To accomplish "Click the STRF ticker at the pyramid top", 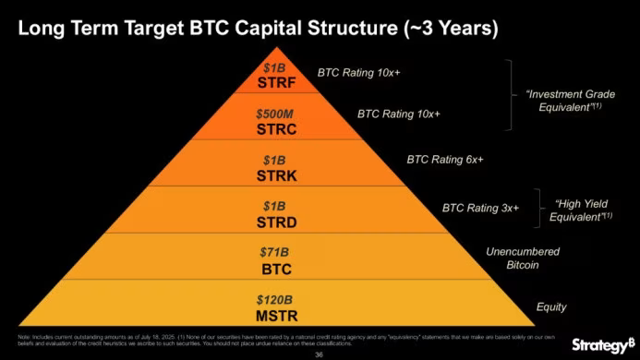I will click(x=274, y=82).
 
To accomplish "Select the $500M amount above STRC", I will click(x=274, y=114).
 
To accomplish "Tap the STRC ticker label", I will click(x=274, y=129).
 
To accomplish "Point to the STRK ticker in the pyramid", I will click(x=274, y=175).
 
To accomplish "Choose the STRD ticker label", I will click(x=274, y=222).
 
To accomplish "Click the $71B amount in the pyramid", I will click(x=274, y=252).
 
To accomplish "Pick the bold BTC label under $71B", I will click(x=274, y=269).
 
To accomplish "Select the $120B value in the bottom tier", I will click(x=274, y=300).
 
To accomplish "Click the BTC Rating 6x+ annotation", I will click(x=445, y=160).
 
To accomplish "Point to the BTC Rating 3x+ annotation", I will click(x=481, y=208).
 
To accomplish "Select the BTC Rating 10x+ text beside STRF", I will click(x=359, y=70).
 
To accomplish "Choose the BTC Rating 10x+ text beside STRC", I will click(x=399, y=114).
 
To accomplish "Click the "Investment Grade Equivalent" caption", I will click(x=570, y=101).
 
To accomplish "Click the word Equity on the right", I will click(x=551, y=306).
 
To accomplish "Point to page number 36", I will click(x=320, y=354).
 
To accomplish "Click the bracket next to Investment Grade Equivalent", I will click(x=508, y=95).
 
